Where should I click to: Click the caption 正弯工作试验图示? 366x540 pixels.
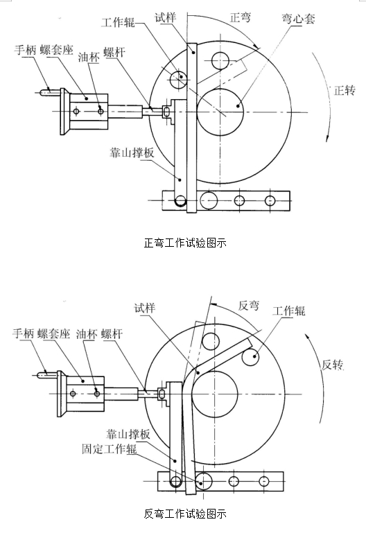tap(184, 243)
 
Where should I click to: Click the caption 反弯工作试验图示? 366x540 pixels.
tap(184, 514)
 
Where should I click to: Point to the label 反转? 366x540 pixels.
tap(332, 365)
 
